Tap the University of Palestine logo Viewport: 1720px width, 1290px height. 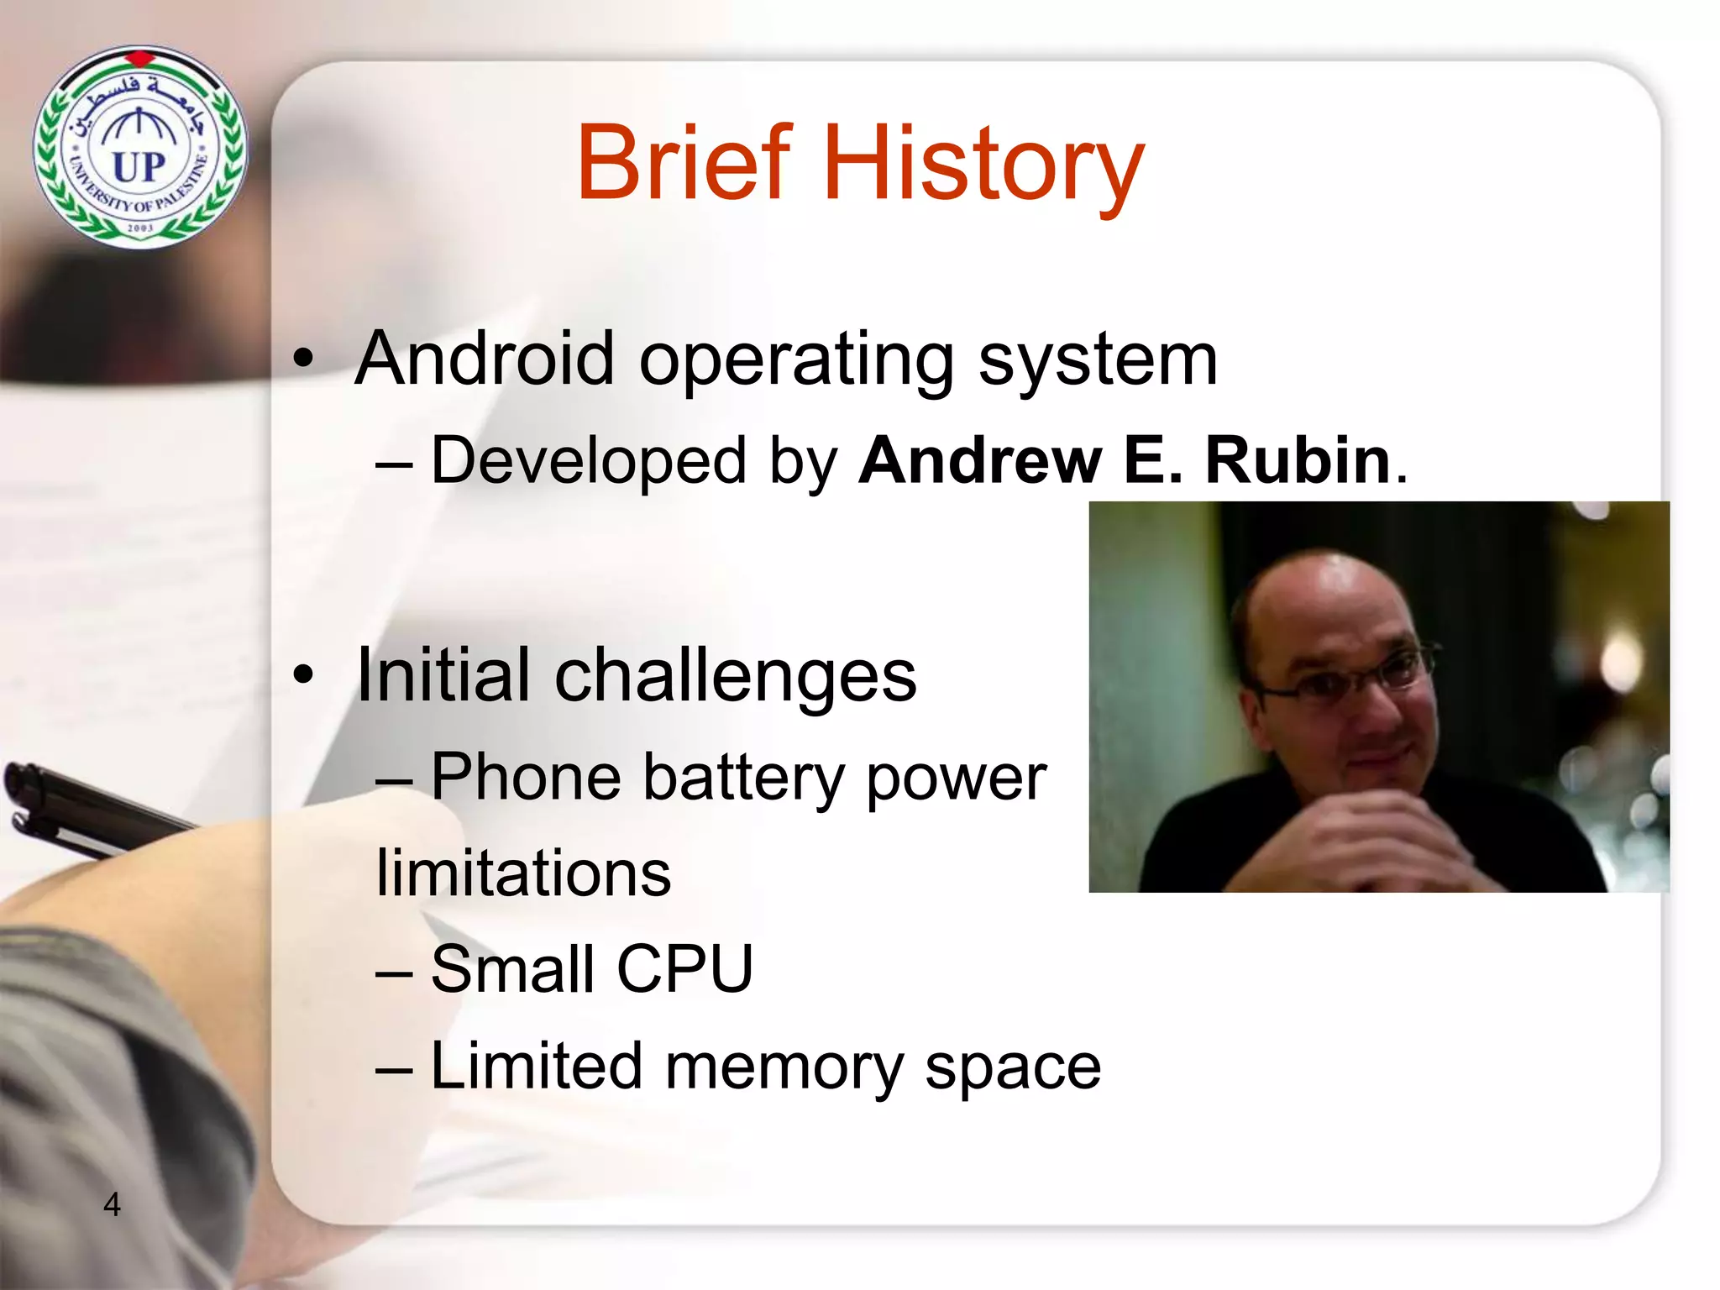140,148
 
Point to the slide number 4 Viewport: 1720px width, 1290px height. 112,1204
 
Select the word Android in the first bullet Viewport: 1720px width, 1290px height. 485,359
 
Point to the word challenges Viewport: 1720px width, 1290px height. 735,676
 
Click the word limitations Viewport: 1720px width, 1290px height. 523,873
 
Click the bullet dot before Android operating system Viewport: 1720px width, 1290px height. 303,359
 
